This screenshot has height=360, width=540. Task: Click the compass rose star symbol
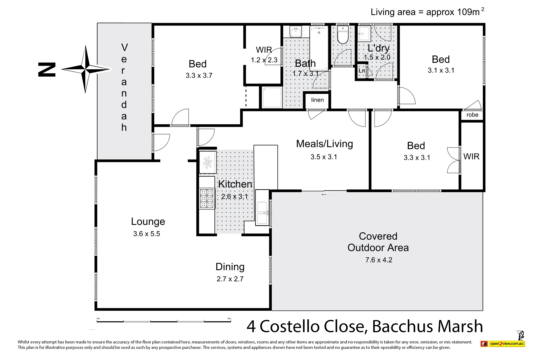click(86, 69)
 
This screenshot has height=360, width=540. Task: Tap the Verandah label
click(124, 87)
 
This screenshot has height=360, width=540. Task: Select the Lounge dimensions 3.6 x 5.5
click(147, 234)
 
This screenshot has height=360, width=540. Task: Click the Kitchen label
click(235, 184)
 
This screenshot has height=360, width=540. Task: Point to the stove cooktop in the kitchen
click(207, 199)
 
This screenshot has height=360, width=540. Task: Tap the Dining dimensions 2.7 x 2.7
click(230, 279)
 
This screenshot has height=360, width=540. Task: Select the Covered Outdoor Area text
click(378, 242)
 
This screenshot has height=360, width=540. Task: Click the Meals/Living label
click(324, 144)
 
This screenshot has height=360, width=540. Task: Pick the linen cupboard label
click(317, 100)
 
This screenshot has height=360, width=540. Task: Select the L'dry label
click(378, 49)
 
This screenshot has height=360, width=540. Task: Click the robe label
click(472, 115)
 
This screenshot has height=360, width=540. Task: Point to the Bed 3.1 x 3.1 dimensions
click(441, 70)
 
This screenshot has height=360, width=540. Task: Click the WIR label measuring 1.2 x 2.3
click(264, 50)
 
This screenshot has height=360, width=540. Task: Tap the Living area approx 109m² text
click(427, 12)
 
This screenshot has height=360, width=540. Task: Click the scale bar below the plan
click(164, 321)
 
